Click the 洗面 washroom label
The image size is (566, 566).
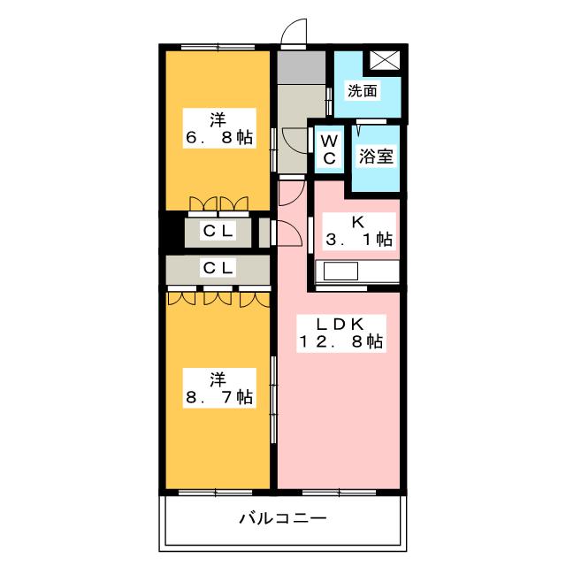(x=362, y=90)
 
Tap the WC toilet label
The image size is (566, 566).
(x=329, y=149)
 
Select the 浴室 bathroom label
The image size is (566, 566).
(x=376, y=157)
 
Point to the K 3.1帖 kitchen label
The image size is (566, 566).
(x=359, y=230)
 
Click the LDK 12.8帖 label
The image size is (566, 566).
(x=341, y=333)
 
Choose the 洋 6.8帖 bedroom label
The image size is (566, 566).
(x=219, y=127)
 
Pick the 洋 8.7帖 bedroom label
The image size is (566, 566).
(x=219, y=388)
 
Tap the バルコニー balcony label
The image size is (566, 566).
(x=283, y=518)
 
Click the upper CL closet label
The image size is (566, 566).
(x=218, y=231)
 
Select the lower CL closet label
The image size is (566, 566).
(x=218, y=268)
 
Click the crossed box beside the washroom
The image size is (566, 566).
(x=385, y=59)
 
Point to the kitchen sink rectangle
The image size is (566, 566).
(x=340, y=271)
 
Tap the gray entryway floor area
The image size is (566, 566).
(x=302, y=67)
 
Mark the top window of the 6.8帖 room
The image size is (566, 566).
(x=218, y=47)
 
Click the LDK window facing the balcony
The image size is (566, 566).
(x=339, y=493)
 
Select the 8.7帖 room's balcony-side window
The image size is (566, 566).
(x=216, y=493)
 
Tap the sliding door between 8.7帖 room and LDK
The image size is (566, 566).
(x=273, y=400)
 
